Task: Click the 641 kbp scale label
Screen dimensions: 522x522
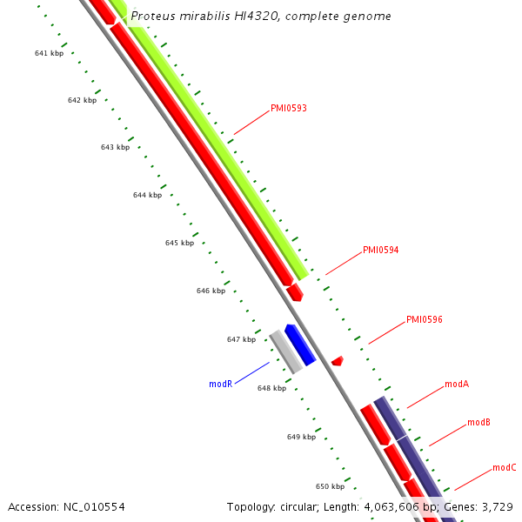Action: point(49,54)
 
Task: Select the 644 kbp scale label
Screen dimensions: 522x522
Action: point(147,196)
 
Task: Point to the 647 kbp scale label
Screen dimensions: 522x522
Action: point(241,339)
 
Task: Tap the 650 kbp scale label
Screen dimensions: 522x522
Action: point(330,487)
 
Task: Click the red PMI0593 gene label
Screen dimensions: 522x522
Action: point(288,109)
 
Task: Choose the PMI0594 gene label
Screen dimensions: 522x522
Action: point(380,251)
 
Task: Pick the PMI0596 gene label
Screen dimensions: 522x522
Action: point(424,320)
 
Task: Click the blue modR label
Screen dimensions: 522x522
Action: point(220,384)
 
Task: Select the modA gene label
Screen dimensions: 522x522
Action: point(457,384)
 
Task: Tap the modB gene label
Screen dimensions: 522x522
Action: point(478,422)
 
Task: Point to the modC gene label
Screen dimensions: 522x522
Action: point(505,468)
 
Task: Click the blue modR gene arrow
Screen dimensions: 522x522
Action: point(300,344)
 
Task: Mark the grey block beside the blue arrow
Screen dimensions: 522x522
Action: point(285,351)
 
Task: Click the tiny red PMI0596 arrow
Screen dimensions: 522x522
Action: point(337,360)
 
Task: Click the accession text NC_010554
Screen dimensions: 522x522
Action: point(94,506)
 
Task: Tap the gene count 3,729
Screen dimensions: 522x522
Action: point(496,506)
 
